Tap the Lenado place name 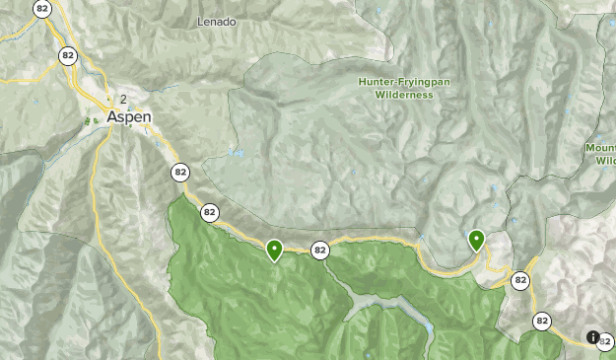[x=218, y=21]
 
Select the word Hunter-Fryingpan [x=403, y=82]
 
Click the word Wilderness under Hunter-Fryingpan [x=403, y=96]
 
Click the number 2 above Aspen [x=123, y=99]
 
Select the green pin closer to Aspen [x=274, y=250]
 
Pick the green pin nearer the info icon [x=477, y=239]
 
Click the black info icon [x=593, y=337]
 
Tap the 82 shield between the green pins [x=319, y=251]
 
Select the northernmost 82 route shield [x=41, y=9]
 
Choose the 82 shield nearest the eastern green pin [x=520, y=281]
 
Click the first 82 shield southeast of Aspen [x=179, y=173]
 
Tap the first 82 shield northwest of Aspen [x=66, y=54]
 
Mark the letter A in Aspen [x=111, y=115]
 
